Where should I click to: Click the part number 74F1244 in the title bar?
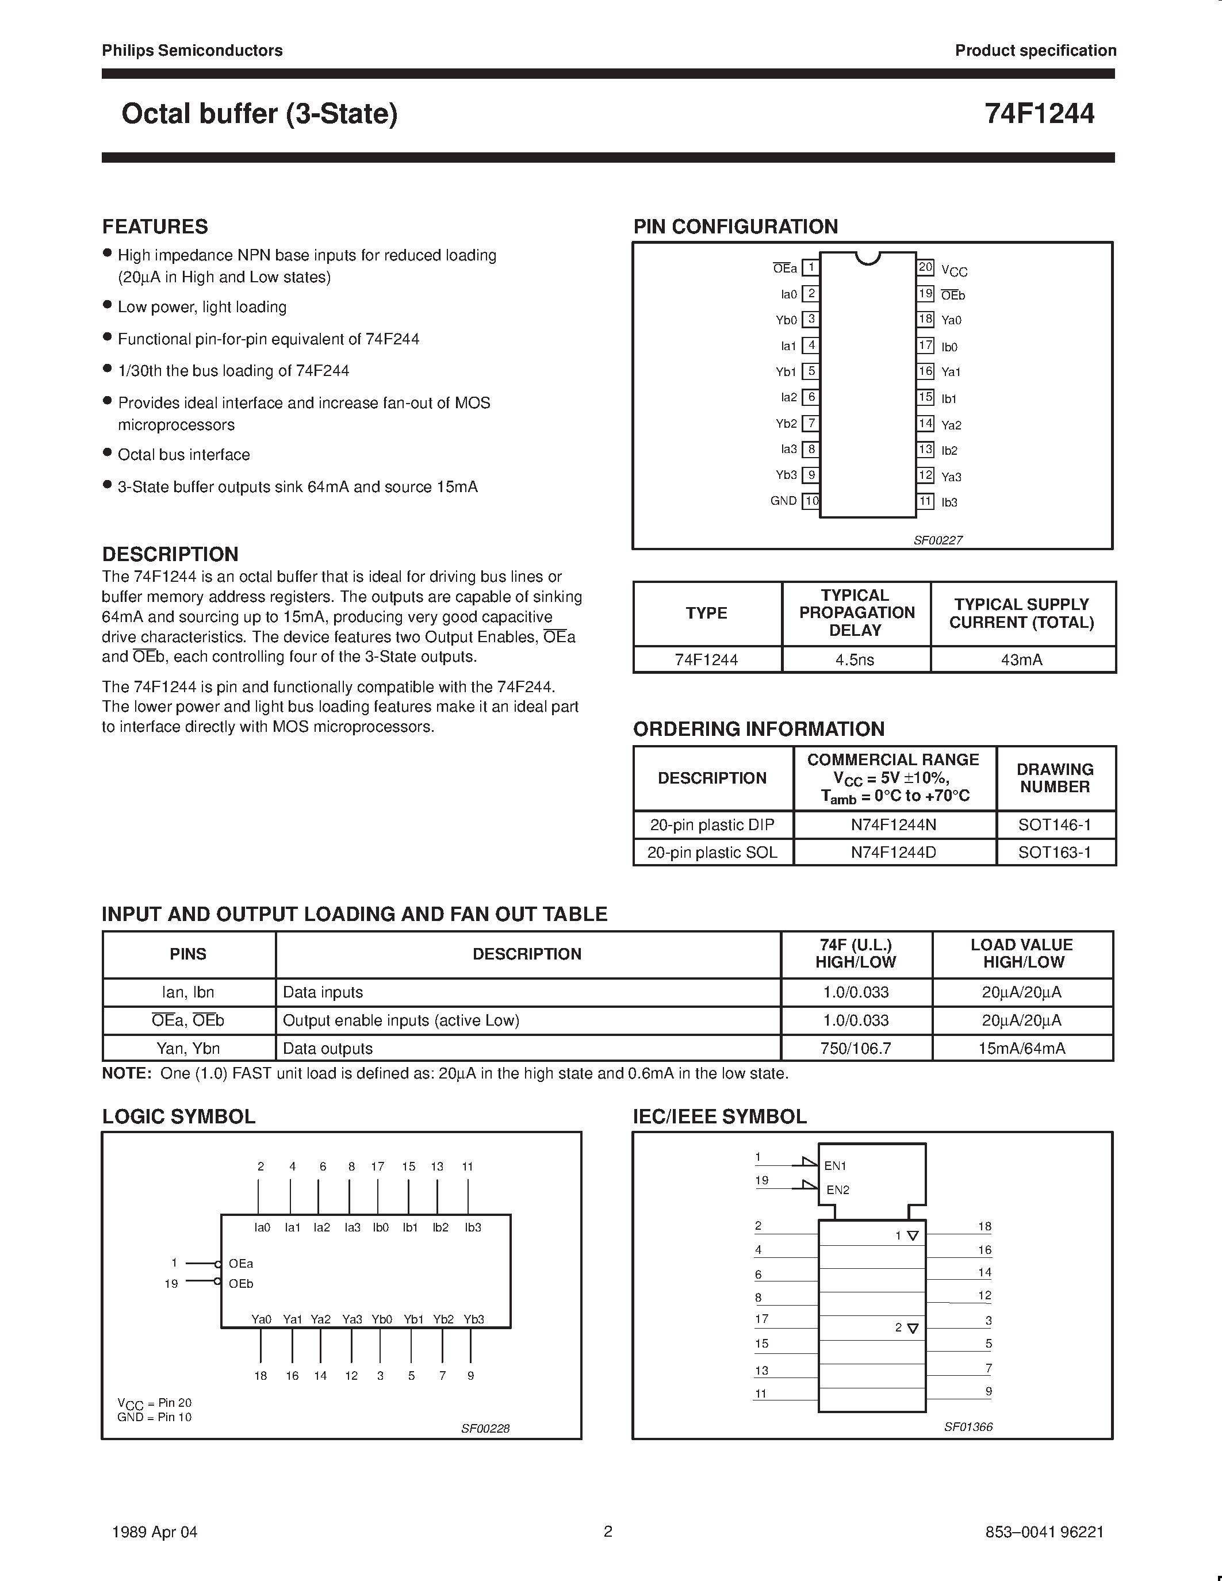coord(1039,114)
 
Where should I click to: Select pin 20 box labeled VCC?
coord(925,267)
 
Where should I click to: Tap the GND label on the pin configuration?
coord(783,501)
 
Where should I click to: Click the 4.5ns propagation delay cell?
coord(855,659)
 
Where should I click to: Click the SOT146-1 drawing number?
coord(1054,824)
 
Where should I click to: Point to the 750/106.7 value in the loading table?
coord(856,1048)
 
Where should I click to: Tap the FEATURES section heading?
coord(155,227)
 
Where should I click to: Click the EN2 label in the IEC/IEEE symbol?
coord(838,1189)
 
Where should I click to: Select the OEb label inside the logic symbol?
coord(241,1283)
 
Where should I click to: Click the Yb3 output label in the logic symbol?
coord(473,1319)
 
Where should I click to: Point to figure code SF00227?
coord(937,540)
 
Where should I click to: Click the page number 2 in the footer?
coord(608,1531)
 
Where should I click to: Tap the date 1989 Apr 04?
coord(154,1532)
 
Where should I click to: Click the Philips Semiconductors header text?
coord(192,51)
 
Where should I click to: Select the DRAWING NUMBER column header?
coord(1055,778)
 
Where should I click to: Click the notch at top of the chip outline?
coord(867,258)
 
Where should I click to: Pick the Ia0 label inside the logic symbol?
coord(262,1227)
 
